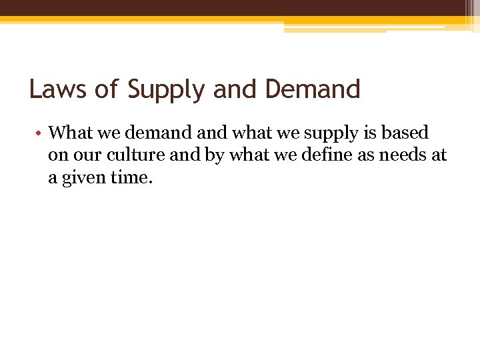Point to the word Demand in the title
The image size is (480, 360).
313,89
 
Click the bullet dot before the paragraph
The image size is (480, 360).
41,133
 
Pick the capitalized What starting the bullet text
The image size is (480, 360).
71,133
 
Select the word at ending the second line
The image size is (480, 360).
439,156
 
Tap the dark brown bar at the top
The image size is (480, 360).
240,8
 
